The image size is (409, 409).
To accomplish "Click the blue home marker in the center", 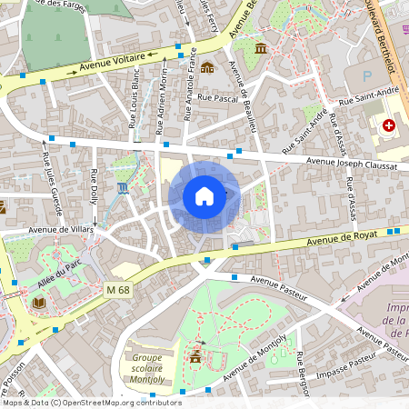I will pyautogui.click(x=204, y=196).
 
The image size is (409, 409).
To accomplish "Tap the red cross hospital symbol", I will pyautogui.click(x=389, y=125).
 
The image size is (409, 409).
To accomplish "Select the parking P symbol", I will pyautogui.click(x=367, y=77).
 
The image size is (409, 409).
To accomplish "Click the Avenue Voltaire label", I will pyautogui.click(x=112, y=65).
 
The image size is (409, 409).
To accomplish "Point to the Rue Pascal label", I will pyautogui.click(x=216, y=97).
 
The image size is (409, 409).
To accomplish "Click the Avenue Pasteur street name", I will pyautogui.click(x=278, y=289).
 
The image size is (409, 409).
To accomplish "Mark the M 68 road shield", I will pyautogui.click(x=117, y=289).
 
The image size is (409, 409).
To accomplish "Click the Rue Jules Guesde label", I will pyautogui.click(x=52, y=178).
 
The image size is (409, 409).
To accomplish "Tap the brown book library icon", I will pyautogui.click(x=38, y=303).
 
